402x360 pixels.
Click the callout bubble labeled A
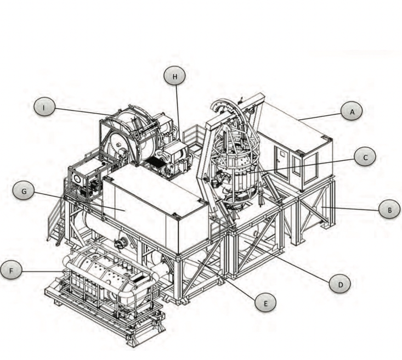pos(352,112)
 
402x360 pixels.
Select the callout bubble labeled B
pos(389,209)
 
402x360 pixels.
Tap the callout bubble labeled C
pos(365,157)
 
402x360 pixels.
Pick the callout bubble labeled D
pos(340,283)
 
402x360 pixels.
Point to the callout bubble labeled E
pos(265,302)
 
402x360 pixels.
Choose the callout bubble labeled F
pos(12,271)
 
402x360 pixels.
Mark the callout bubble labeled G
pos(23,192)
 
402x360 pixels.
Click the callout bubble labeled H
pos(175,77)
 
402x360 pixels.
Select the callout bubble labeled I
pos(44,107)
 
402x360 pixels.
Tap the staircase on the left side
pos(56,222)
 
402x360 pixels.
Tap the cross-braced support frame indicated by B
pos(315,206)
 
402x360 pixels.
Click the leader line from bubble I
pos(82,110)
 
